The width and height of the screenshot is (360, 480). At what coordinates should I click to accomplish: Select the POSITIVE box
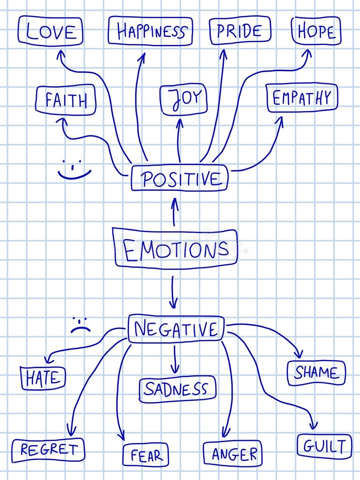(x=180, y=179)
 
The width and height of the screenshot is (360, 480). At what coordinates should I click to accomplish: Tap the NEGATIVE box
(x=176, y=329)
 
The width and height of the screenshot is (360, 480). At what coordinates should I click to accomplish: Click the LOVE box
(x=51, y=31)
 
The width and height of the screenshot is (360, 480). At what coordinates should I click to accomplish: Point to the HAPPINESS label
(x=150, y=31)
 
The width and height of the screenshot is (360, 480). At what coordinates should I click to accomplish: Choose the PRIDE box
(x=240, y=30)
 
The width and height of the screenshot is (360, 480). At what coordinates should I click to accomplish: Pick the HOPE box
(x=316, y=31)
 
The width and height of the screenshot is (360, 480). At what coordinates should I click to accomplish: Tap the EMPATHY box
(x=302, y=98)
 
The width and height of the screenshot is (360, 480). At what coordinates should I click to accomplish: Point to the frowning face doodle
(x=80, y=325)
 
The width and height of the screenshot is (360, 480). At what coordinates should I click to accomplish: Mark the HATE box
(x=43, y=378)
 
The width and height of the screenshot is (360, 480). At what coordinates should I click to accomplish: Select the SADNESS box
(x=177, y=389)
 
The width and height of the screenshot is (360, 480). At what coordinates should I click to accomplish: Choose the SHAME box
(x=316, y=373)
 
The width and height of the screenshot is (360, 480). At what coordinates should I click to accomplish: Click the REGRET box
(x=48, y=450)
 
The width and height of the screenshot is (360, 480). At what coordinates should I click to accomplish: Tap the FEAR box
(x=145, y=455)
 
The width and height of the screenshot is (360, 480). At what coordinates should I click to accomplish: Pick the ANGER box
(x=232, y=454)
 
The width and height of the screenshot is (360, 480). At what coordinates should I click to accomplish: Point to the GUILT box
(x=324, y=446)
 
